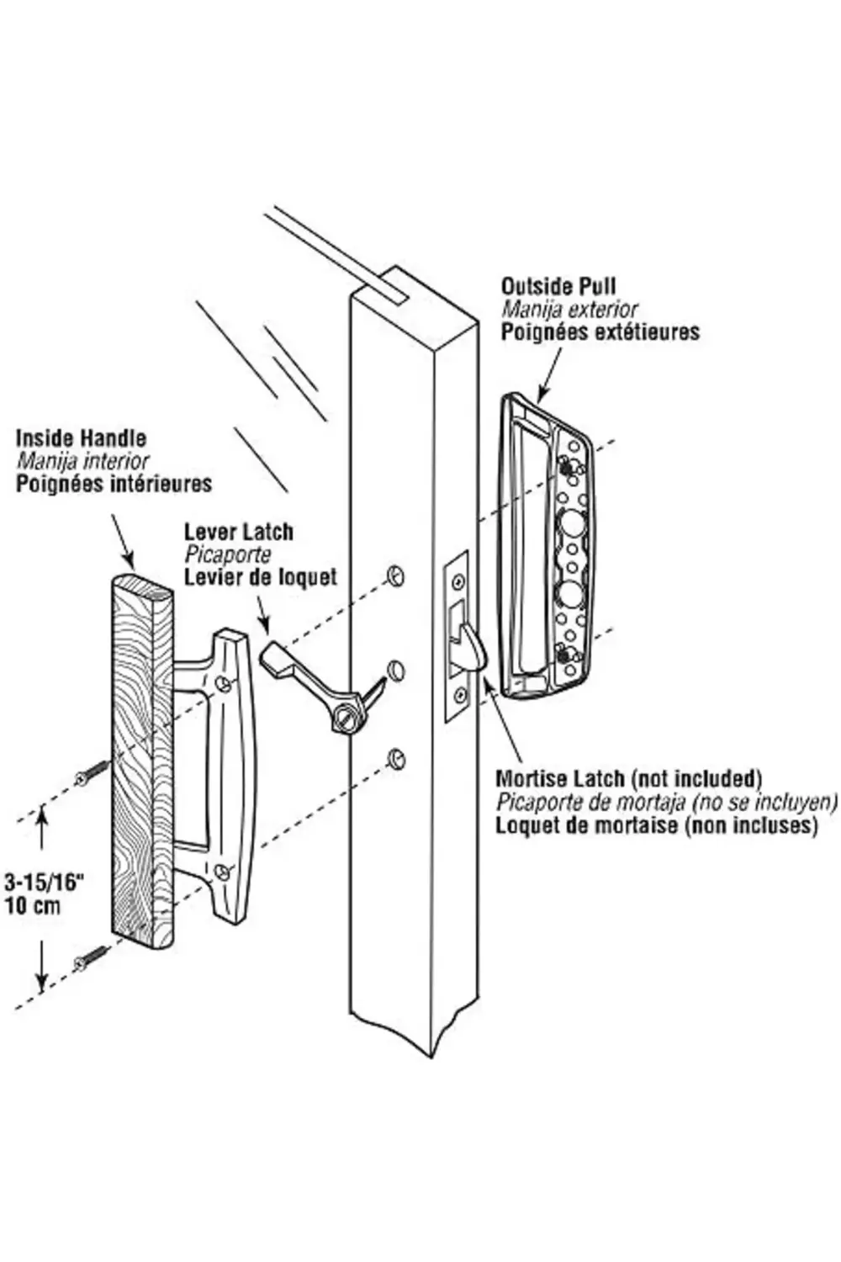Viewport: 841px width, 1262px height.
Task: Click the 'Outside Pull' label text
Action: (x=558, y=287)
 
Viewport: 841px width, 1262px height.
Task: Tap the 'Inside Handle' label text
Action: (x=81, y=438)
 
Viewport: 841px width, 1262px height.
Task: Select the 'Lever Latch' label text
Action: (x=239, y=532)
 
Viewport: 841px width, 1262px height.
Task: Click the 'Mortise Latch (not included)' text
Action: (x=628, y=778)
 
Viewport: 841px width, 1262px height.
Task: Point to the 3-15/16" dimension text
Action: (x=45, y=883)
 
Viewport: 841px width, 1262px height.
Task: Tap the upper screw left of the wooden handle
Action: (x=93, y=773)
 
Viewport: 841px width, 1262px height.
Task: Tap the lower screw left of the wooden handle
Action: (x=91, y=957)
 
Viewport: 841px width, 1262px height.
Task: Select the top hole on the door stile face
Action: (x=395, y=575)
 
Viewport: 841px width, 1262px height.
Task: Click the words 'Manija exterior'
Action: (x=569, y=310)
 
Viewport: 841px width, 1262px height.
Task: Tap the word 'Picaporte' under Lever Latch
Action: (x=228, y=554)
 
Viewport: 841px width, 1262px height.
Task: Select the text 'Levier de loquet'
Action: (x=260, y=577)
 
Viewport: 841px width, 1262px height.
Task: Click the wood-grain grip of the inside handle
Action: (x=141, y=757)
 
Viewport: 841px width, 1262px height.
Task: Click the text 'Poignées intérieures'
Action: (x=114, y=484)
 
